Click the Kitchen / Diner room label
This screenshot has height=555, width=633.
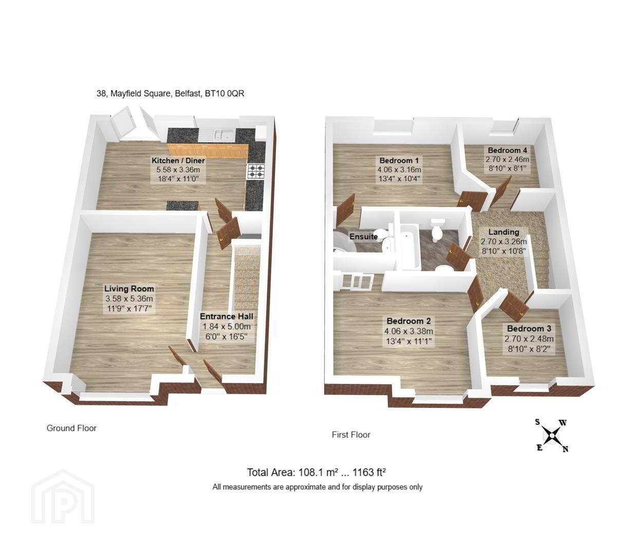click(178, 161)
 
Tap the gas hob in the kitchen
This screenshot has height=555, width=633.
click(256, 171)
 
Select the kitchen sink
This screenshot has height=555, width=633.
click(224, 135)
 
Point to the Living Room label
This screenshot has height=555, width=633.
click(129, 288)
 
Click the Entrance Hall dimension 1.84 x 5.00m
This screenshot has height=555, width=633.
click(227, 326)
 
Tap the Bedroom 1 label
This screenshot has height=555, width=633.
click(399, 161)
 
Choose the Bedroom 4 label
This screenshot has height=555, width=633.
click(508, 150)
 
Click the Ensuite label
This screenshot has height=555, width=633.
click(364, 236)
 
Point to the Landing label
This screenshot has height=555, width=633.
click(504, 232)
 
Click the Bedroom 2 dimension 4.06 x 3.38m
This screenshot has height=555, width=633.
click(408, 331)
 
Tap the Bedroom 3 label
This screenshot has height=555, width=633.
click(529, 328)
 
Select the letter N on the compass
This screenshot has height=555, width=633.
click(566, 449)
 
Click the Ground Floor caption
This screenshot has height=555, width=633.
click(71, 428)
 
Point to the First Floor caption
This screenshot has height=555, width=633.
click(351, 435)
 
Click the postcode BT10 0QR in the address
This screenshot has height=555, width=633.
click(225, 93)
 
